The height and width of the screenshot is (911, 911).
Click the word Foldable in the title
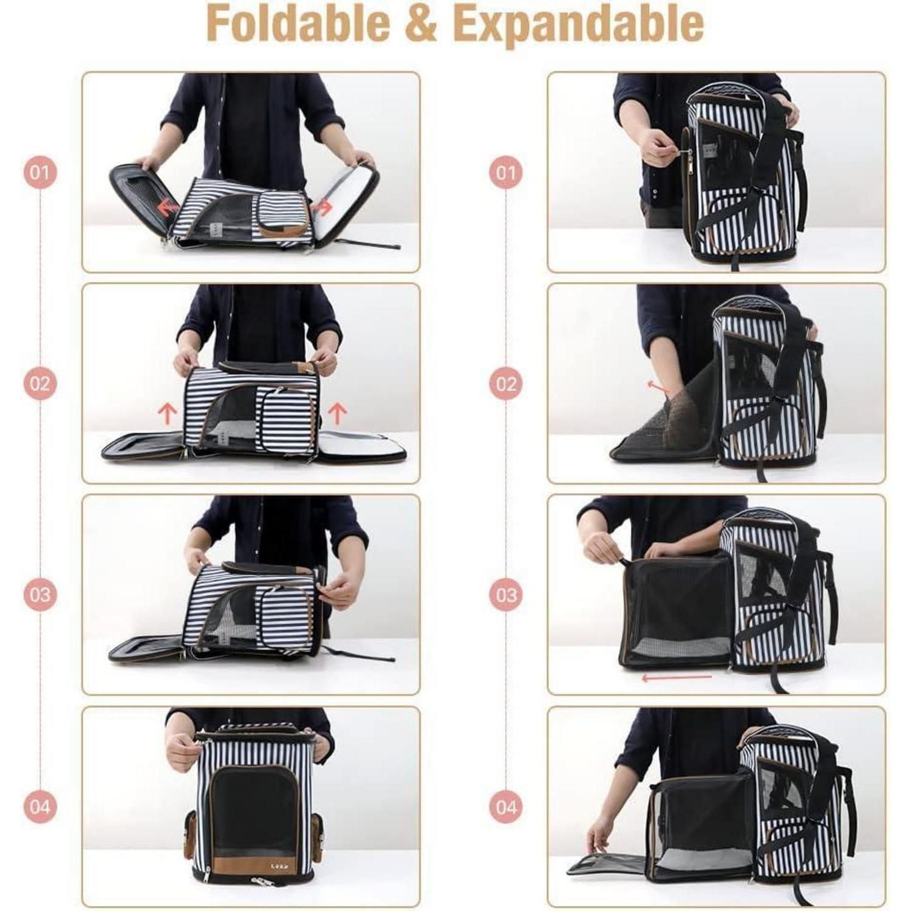tap(298, 23)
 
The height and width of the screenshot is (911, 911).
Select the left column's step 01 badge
tap(39, 172)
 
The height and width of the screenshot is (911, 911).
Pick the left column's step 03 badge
tap(39, 594)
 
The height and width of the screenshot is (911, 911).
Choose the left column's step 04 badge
tap(39, 807)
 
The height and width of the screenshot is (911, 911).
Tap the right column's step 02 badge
tap(505, 384)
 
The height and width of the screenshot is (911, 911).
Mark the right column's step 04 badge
tap(505, 807)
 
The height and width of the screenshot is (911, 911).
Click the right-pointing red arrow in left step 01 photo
tap(322, 208)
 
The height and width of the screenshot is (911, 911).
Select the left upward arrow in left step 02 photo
tap(167, 415)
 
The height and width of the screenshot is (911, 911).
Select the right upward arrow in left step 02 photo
tap(337, 415)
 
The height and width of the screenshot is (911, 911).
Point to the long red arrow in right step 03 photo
tap(677, 677)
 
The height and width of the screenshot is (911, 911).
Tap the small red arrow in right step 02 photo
tap(658, 386)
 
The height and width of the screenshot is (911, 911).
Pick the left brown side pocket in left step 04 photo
tap(190, 836)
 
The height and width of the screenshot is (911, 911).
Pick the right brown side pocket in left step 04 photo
tap(316, 836)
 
